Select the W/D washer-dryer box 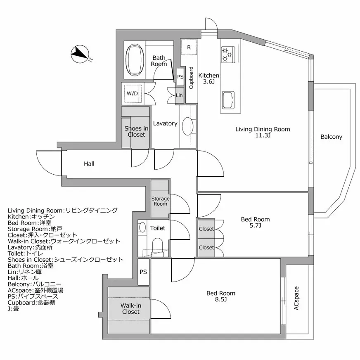[x=133, y=93]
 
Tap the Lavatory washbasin [x=188, y=126]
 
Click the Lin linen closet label [x=179, y=95]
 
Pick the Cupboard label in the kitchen [x=191, y=78]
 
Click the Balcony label [x=331, y=137]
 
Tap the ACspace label [x=296, y=298]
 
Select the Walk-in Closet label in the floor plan [x=130, y=308]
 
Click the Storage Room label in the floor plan [x=160, y=201]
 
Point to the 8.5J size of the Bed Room [x=221, y=299]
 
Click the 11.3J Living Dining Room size [x=263, y=135]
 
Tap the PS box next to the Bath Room [x=180, y=77]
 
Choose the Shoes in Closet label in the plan [x=136, y=132]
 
